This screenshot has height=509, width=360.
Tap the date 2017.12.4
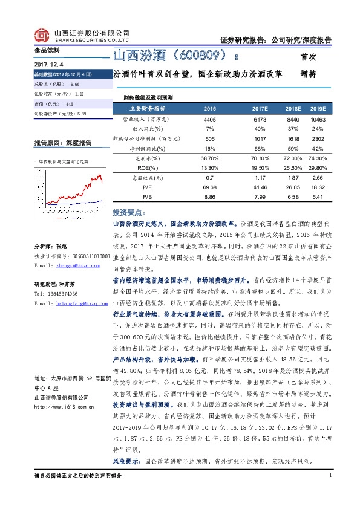coord(48,63)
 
